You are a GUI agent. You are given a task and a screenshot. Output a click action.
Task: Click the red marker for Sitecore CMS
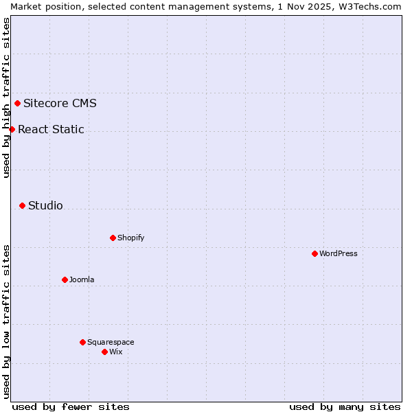coord(18,104)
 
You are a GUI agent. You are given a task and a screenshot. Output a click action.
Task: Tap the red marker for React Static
coord(12,129)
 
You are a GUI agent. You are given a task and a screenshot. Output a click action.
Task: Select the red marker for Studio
coord(22,205)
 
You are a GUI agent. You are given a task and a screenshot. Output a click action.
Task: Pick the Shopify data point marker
coord(113,238)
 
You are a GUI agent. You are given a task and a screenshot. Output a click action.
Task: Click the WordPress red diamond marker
coord(314,253)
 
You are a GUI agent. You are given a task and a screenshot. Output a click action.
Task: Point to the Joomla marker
coord(65,279)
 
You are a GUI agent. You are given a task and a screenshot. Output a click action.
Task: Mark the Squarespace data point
coord(82,342)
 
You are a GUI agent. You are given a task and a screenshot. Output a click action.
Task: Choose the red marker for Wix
coord(104,352)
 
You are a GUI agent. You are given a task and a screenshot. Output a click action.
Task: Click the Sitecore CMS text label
coord(60,104)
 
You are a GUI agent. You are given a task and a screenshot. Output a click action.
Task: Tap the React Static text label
coord(51,129)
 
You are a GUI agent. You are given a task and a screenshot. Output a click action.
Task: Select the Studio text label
coord(45,205)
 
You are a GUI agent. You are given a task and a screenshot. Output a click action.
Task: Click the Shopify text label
coord(130,238)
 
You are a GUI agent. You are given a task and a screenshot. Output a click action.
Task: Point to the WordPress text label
coord(339,253)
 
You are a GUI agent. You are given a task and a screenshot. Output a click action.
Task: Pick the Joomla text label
coord(82,279)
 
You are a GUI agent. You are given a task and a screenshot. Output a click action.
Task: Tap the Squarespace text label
coord(111,342)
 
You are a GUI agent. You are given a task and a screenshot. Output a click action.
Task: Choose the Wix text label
coord(115,352)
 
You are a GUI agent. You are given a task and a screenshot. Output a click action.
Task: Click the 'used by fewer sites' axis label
coord(71,407)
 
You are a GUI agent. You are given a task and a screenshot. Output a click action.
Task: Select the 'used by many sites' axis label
coord(345,407)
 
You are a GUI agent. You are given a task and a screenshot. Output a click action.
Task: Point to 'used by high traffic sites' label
coord(6,98)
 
